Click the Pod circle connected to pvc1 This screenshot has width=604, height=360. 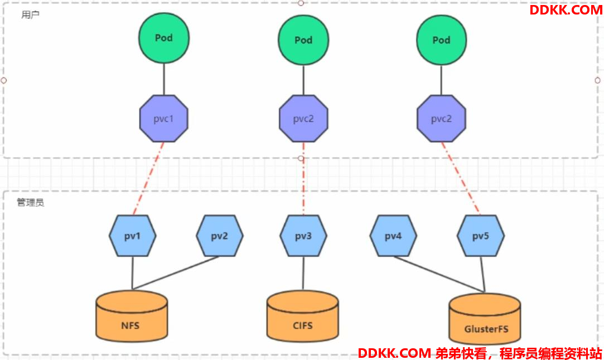tap(164, 38)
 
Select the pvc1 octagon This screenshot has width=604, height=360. tap(164, 119)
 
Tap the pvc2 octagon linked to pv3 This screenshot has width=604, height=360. tap(303, 119)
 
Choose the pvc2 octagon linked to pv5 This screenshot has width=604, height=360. tap(441, 119)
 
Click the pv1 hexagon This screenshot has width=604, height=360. tap(133, 236)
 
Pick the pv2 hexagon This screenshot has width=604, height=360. tap(220, 236)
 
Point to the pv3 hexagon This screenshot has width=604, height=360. tap(303, 236)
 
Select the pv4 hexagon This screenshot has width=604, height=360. tap(393, 236)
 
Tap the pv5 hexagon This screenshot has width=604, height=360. tap(481, 236)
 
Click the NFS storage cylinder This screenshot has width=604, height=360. tap(132, 316)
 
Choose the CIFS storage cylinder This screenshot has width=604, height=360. tap(303, 316)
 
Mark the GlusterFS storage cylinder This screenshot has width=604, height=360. tap(485, 319)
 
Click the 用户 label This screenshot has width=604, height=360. tap(31, 14)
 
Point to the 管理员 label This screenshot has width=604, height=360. tap(31, 202)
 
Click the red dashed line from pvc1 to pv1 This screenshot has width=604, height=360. tap(148, 179)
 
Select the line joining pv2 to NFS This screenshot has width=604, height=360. tap(176, 273)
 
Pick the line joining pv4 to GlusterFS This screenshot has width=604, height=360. tap(439, 274)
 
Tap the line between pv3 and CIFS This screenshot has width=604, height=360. tap(303, 274)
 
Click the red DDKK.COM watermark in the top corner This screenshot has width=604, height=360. tap(566, 10)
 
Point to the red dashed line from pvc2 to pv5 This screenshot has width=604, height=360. tap(461, 179)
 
